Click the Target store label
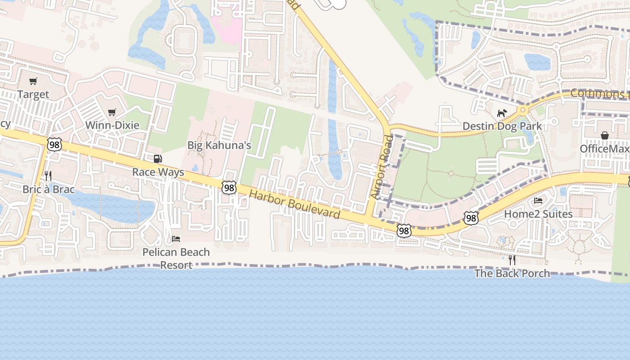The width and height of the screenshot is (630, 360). [33, 94]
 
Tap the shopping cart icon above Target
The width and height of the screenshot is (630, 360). [33, 81]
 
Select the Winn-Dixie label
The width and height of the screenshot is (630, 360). [112, 125]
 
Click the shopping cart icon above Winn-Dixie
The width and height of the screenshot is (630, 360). [112, 112]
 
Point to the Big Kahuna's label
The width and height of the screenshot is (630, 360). [219, 145]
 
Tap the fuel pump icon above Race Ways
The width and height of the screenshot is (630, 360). [157, 159]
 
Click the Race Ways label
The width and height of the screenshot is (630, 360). [158, 172]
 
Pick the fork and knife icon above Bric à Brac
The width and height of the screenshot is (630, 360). [48, 176]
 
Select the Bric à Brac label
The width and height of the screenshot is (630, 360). [49, 189]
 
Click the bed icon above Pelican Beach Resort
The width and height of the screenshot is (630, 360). [176, 238]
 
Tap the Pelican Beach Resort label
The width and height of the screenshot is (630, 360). [176, 258]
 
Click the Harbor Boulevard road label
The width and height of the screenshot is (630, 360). [295, 204]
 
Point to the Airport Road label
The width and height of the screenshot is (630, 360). [382, 167]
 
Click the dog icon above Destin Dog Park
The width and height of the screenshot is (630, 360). [502, 113]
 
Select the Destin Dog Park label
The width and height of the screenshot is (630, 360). [502, 126]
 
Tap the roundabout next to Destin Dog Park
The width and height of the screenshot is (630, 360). [522, 110]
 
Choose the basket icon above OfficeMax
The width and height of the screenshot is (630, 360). [605, 135]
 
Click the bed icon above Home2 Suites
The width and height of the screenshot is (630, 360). [538, 201]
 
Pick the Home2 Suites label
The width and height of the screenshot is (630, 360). [538, 213]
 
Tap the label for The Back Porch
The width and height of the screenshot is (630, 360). [512, 273]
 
